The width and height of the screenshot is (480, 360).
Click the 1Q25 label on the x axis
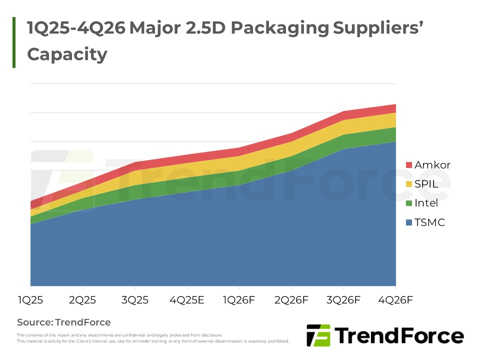point(30,300)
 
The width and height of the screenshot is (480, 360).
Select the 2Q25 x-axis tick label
point(82,300)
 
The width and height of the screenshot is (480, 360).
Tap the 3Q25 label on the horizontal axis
point(134,300)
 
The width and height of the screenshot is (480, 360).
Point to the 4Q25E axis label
point(187,300)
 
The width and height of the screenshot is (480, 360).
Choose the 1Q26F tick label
point(239,300)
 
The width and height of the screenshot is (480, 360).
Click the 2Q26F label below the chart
point(291,300)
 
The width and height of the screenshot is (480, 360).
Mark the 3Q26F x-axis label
point(343,300)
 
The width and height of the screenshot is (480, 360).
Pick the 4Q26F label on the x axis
point(395,300)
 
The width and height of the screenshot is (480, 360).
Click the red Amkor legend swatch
point(408,165)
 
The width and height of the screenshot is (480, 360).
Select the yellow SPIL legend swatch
point(408,184)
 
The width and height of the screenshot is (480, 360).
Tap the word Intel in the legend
point(426,203)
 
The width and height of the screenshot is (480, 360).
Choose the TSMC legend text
point(429,222)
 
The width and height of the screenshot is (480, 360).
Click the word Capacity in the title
point(67,54)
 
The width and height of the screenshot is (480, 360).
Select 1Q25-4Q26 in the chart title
point(75,28)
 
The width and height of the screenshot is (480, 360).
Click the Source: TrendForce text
point(64,322)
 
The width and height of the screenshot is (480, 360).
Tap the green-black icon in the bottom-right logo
point(318,335)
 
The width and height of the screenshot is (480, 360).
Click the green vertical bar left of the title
point(14,42)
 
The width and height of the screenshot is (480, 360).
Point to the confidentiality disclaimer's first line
point(119,335)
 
